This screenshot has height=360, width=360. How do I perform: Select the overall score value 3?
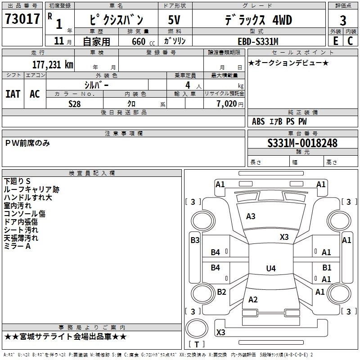(343, 21)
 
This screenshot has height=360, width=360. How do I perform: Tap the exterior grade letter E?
(335, 41)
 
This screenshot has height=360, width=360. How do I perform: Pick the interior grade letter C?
(350, 41)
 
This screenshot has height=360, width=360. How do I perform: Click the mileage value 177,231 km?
(53, 64)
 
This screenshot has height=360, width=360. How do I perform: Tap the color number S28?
(75, 103)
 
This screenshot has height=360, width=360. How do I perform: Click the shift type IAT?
(13, 94)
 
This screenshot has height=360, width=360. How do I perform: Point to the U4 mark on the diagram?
(270, 269)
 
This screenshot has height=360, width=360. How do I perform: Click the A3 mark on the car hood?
(251, 216)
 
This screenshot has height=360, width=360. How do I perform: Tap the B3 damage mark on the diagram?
(195, 240)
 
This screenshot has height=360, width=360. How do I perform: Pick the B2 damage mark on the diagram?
(221, 292)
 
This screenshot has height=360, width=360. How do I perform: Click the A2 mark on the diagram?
(253, 300)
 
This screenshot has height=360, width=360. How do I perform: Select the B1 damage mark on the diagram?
(327, 267)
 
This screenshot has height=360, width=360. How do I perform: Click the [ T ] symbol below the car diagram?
(196, 344)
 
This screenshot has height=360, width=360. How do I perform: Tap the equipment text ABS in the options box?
(258, 121)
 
